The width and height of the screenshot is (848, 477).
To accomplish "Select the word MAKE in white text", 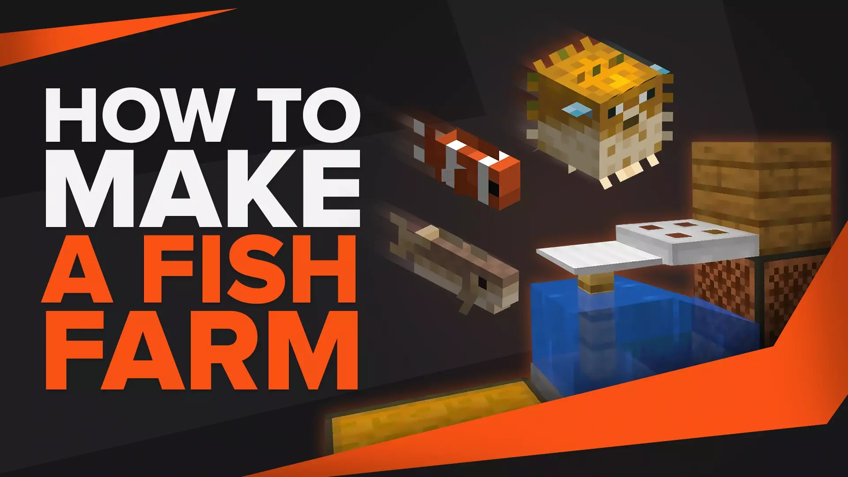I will (203, 189).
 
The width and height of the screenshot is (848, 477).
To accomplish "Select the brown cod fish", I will (455, 261).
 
